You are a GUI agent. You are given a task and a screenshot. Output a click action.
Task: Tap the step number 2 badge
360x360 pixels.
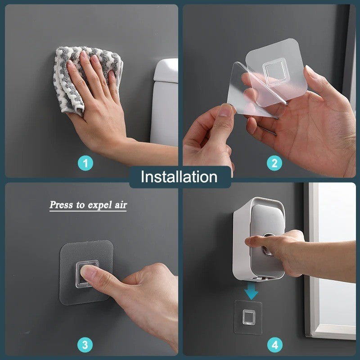click(x=274, y=163)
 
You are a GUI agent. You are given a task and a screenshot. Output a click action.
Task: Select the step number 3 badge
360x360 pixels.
click(x=85, y=345)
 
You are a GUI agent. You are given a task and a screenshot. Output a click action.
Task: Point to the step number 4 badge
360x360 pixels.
click(x=274, y=345)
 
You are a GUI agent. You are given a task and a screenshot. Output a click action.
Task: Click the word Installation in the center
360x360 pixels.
click(x=179, y=176)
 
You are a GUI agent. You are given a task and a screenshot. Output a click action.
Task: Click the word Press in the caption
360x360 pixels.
click(x=61, y=205)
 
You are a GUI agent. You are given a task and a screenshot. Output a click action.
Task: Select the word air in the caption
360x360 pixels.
click(x=120, y=205)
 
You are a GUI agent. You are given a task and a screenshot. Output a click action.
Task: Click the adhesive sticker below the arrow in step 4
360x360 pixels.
click(x=248, y=317)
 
